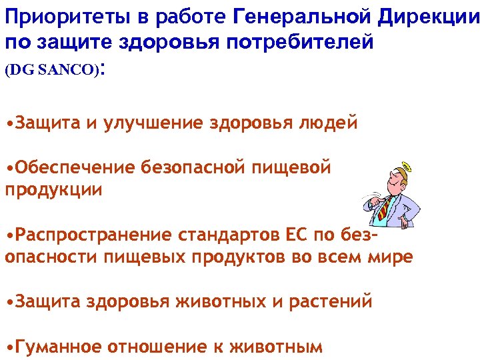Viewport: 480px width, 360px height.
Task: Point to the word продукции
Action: [x=54, y=189]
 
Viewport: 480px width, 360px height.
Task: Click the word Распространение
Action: [x=93, y=235]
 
